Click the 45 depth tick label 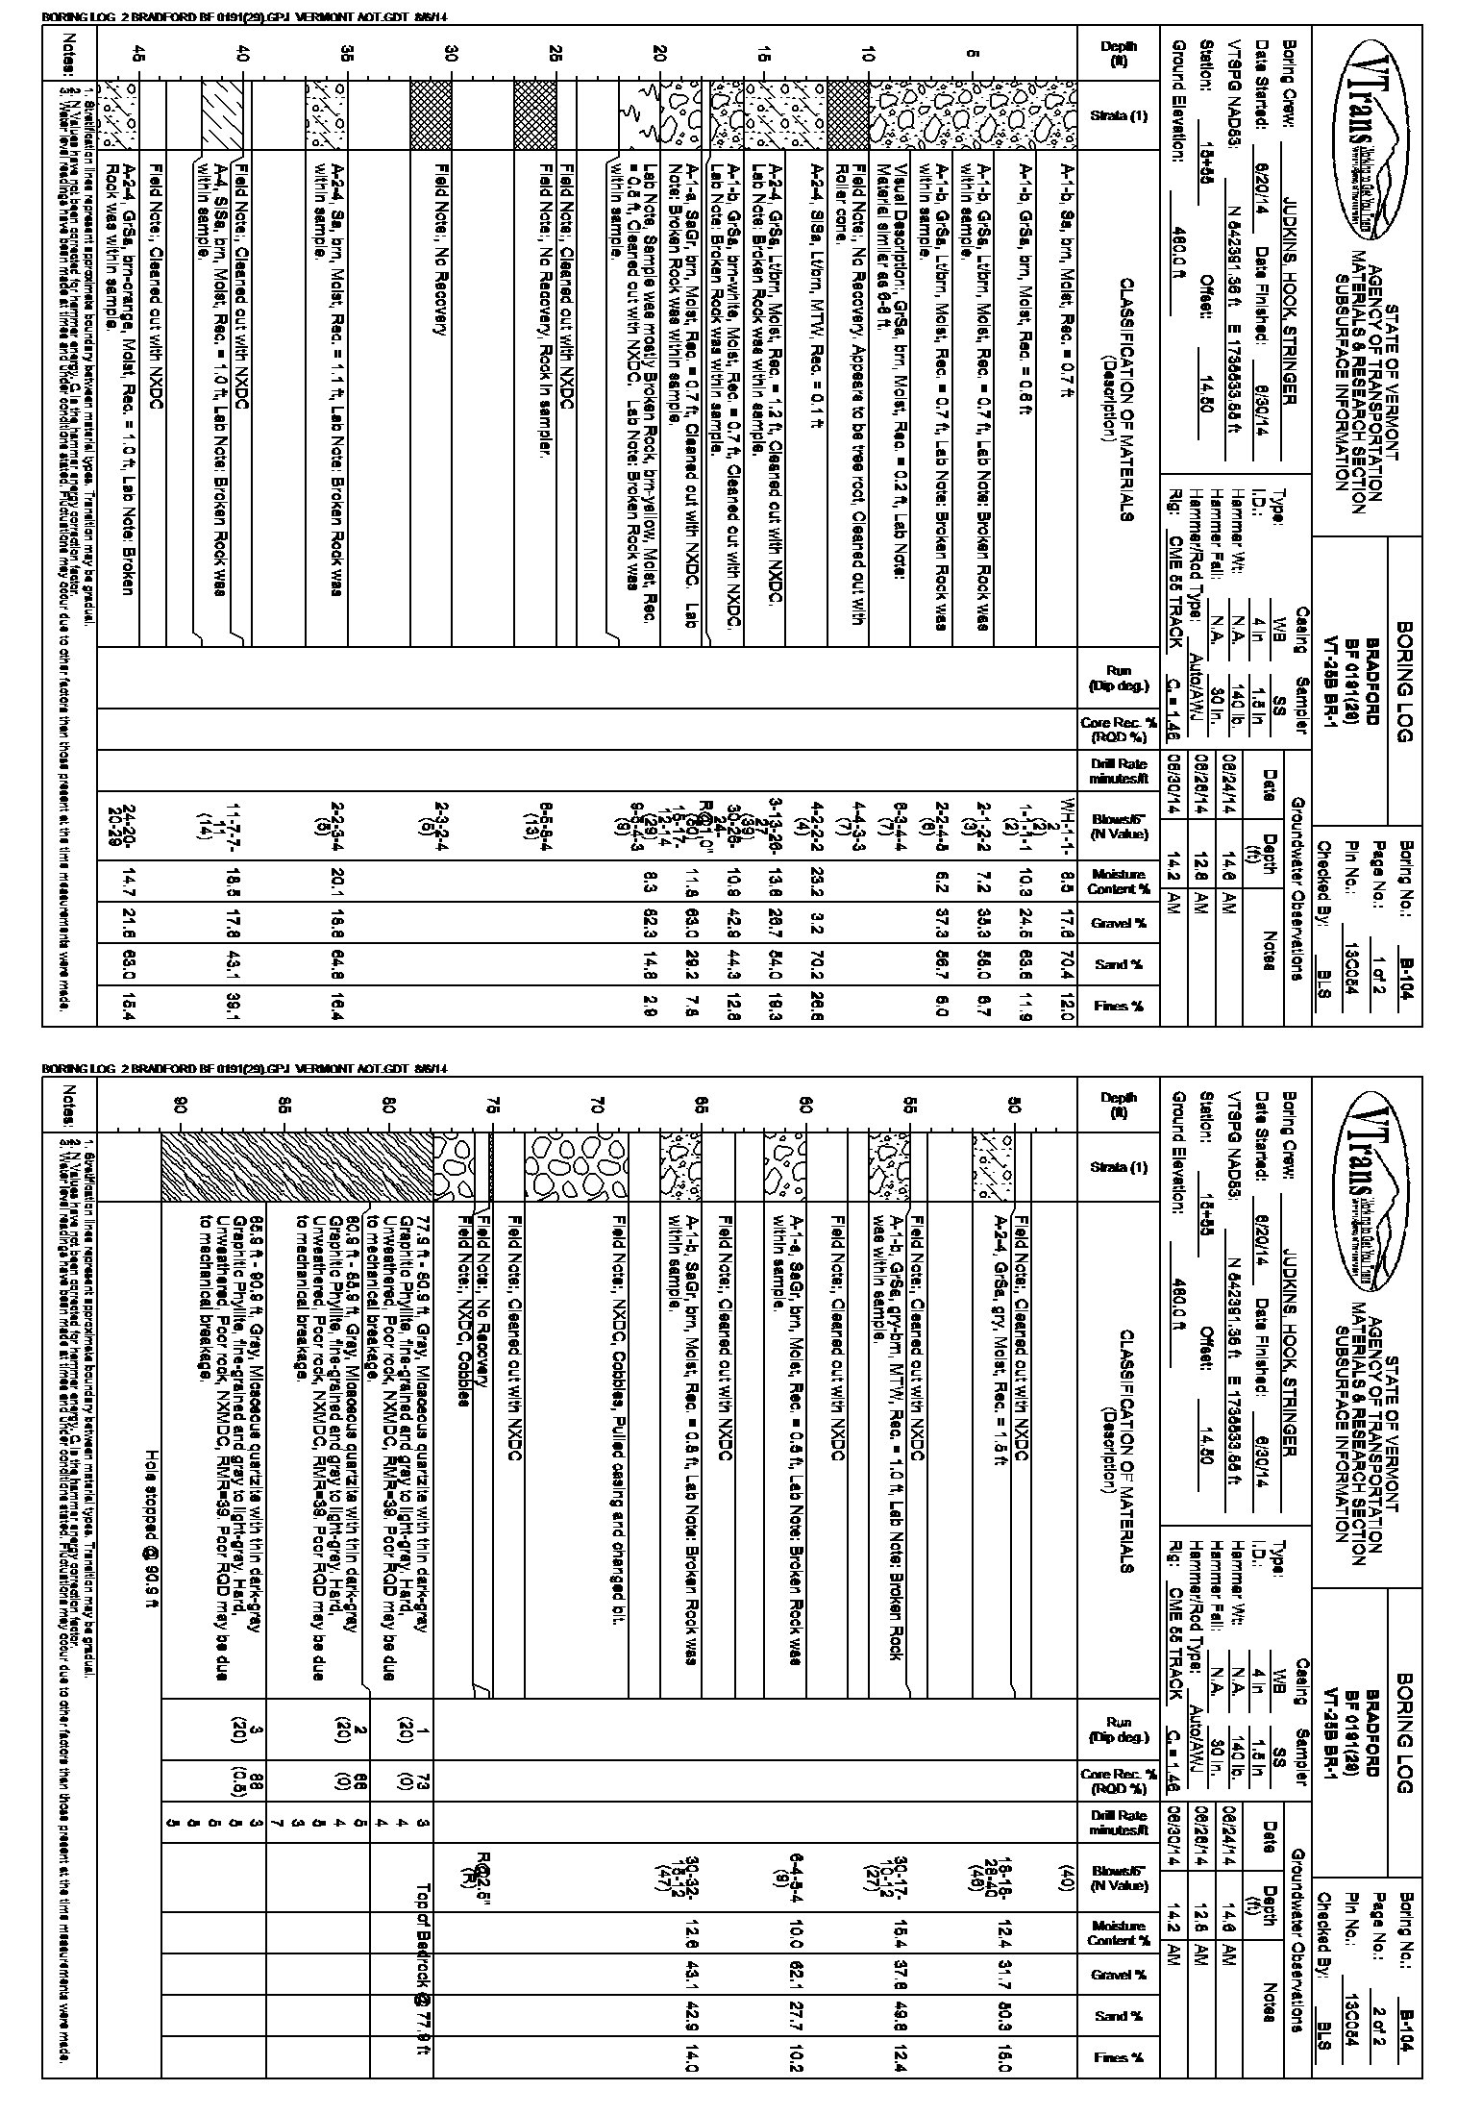coord(140,56)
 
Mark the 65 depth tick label coord(703,1106)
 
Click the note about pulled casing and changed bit coord(620,1442)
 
